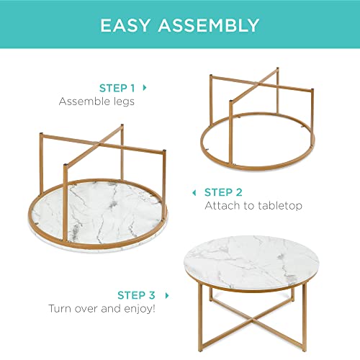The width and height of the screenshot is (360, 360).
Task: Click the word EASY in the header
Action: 132,26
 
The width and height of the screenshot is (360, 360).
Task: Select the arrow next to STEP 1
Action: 145,87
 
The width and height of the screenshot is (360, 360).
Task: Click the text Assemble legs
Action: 96,102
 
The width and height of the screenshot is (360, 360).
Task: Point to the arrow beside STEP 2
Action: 193,192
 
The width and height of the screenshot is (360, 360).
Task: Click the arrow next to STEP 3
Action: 168,294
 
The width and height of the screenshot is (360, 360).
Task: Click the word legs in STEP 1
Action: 122,102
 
